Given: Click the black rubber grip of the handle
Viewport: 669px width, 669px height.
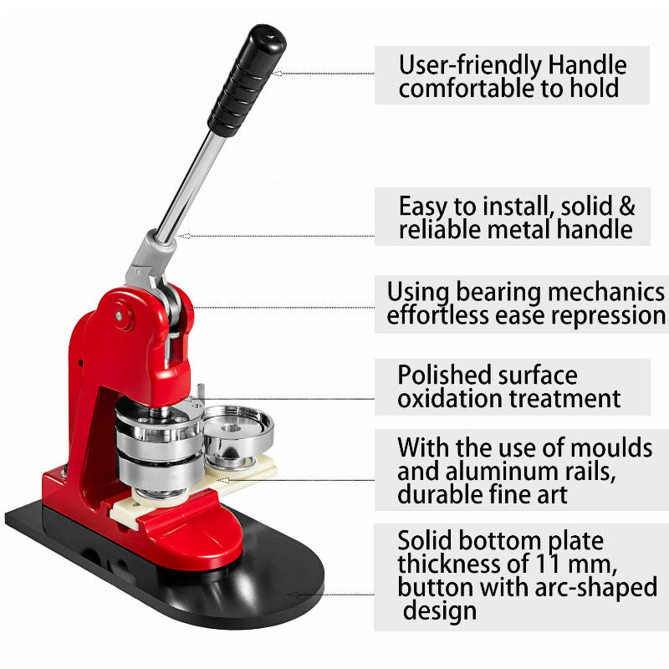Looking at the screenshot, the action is [x=247, y=80].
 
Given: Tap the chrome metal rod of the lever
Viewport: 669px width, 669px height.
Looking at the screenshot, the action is [x=192, y=186].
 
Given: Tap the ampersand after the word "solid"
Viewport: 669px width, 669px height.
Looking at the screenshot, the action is [x=626, y=206].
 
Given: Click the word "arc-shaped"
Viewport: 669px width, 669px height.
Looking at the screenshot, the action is [x=596, y=588].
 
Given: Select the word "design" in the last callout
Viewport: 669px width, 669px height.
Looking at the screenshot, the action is [x=440, y=611].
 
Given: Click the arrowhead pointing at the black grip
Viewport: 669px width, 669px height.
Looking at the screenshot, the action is [x=278, y=74].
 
